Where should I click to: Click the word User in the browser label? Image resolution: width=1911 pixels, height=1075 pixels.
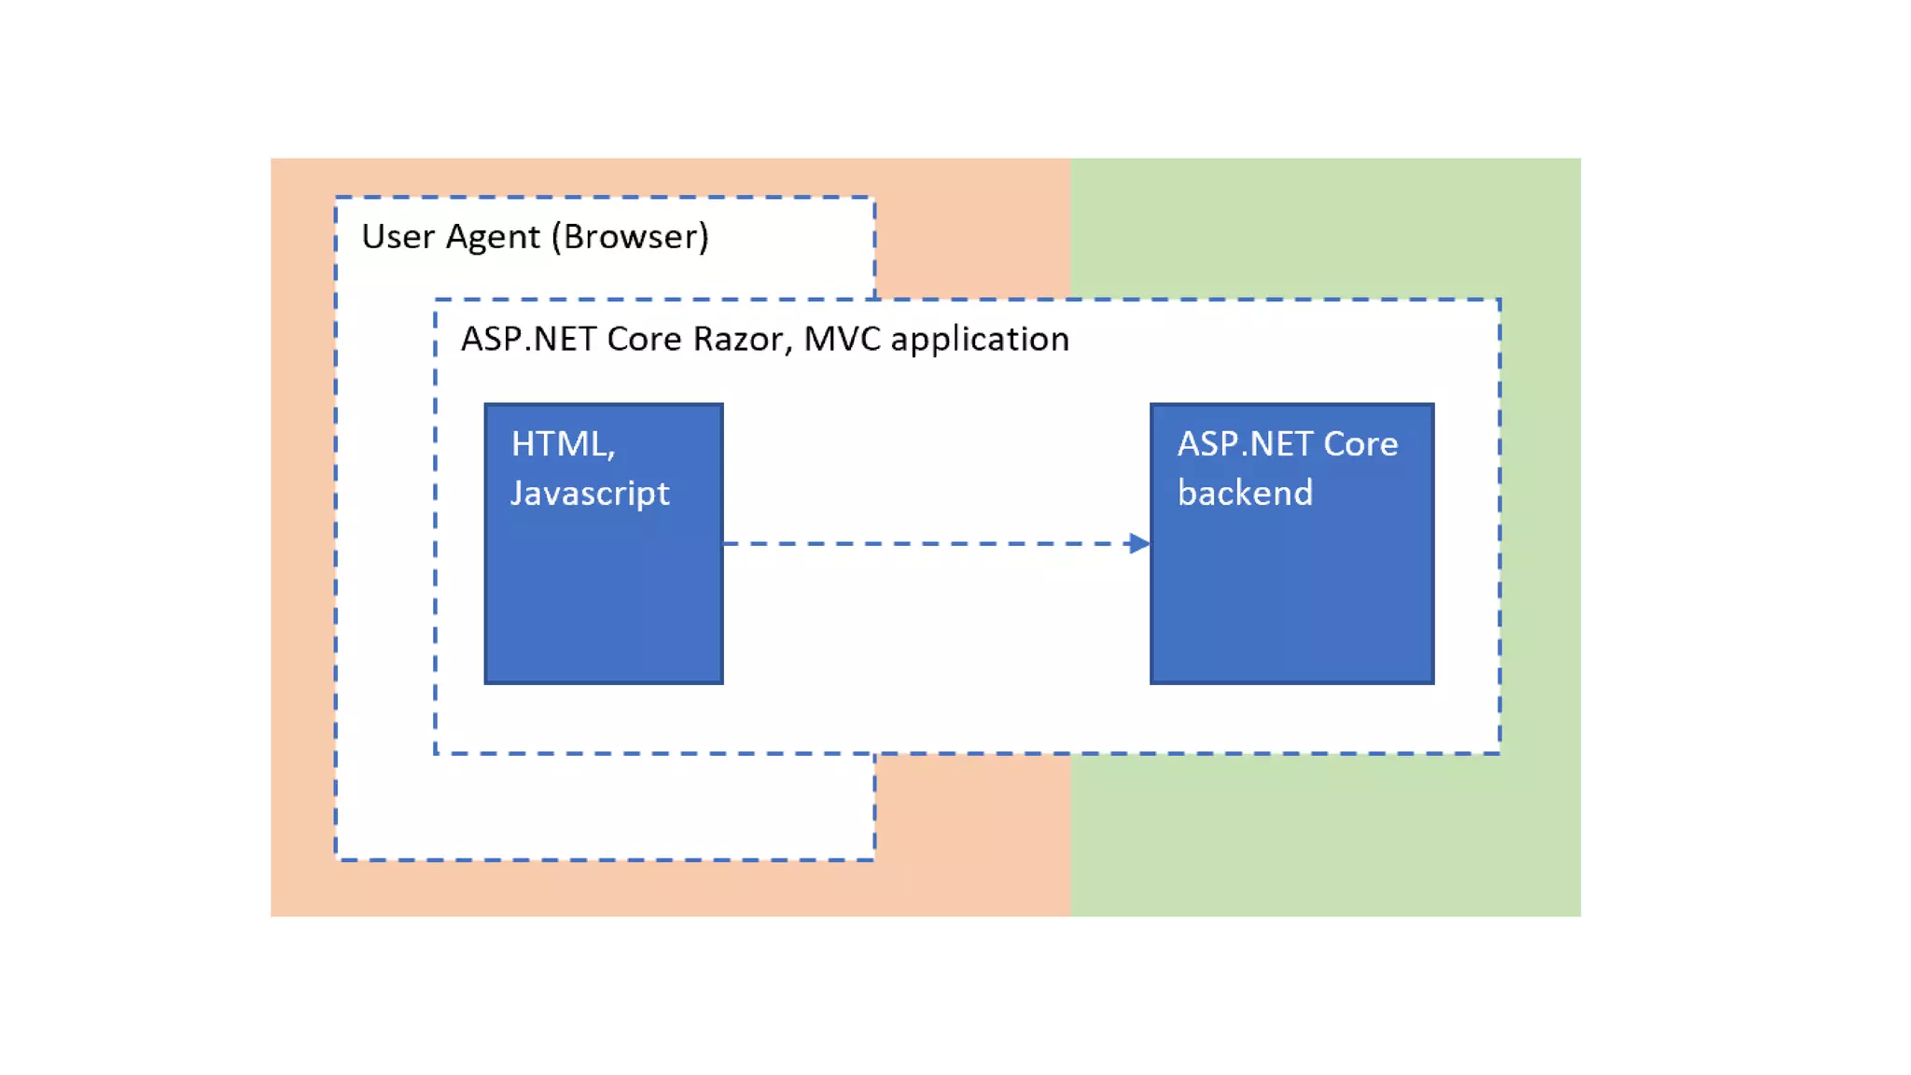(x=398, y=237)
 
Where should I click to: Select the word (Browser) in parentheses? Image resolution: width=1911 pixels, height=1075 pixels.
(x=631, y=238)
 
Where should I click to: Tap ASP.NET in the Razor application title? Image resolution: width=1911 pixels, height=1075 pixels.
(x=529, y=339)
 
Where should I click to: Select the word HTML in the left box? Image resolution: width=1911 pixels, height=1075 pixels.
(x=559, y=444)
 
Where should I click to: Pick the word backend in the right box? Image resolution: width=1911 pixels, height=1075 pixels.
(x=1245, y=493)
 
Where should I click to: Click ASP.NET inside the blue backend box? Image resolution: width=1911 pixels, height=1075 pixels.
(x=1245, y=444)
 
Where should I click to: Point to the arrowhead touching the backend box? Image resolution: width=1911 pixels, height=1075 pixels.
(x=1139, y=543)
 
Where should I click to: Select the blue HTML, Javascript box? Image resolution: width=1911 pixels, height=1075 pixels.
(x=604, y=544)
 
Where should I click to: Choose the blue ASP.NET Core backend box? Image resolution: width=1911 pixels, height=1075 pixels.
(x=1292, y=544)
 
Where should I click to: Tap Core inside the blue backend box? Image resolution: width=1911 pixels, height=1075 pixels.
(x=1360, y=444)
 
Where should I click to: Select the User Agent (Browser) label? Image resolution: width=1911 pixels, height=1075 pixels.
(x=536, y=238)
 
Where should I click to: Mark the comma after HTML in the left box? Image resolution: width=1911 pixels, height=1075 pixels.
(x=611, y=456)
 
